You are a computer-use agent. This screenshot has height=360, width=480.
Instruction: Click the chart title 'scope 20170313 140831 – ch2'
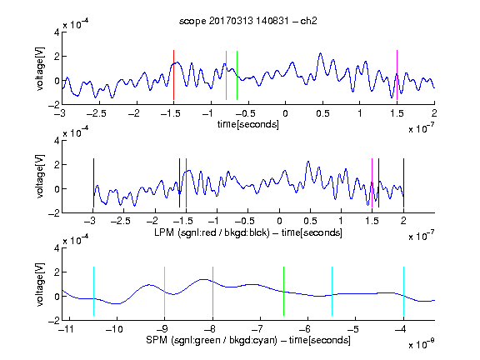tap(247, 21)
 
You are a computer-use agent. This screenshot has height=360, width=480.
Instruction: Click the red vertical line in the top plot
tap(173, 75)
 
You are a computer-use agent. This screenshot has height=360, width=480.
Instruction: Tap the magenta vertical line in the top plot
tap(397, 75)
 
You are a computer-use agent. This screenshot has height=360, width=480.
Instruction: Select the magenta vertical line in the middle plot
tap(372, 183)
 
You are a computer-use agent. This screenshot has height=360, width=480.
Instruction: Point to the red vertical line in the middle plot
tap(186, 183)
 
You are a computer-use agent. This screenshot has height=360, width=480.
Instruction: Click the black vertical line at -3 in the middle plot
tap(93, 183)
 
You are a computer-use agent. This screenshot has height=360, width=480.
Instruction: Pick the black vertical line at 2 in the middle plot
tap(403, 183)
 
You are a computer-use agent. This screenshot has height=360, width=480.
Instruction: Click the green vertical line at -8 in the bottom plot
tap(212, 291)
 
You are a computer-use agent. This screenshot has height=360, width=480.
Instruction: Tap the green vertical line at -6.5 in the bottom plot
tap(284, 291)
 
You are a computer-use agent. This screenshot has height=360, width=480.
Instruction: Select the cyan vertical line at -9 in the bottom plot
tap(165, 291)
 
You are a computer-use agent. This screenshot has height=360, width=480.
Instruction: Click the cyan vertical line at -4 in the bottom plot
tap(404, 291)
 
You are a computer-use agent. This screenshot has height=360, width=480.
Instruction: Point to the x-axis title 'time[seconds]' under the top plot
tap(248, 124)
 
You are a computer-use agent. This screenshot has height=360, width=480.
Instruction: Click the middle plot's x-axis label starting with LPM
tap(248, 232)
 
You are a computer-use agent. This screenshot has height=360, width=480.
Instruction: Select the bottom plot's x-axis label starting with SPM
tap(248, 340)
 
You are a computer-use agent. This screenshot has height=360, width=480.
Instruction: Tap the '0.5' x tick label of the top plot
tap(322, 113)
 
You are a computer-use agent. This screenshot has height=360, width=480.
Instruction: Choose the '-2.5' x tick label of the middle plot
tap(120, 221)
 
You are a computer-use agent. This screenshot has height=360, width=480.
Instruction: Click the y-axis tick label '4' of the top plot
tap(57, 32)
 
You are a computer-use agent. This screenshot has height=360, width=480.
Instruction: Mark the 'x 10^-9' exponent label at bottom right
tap(422, 344)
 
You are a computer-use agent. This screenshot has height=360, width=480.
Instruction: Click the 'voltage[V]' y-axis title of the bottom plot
tap(40, 285)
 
